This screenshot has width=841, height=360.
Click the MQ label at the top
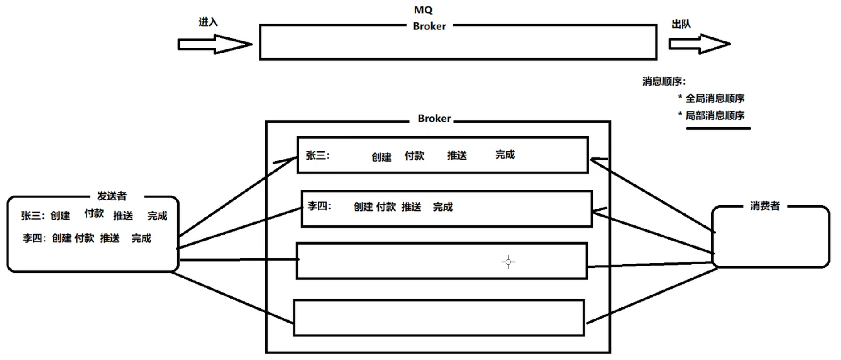[x=423, y=10]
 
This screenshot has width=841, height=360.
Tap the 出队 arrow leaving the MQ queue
[x=699, y=44]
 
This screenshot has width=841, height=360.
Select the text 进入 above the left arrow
[x=208, y=22]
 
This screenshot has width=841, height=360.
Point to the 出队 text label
[x=681, y=24]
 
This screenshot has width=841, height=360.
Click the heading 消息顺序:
[x=664, y=82]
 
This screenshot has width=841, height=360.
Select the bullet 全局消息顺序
[x=714, y=98]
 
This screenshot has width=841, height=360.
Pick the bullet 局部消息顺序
[x=714, y=116]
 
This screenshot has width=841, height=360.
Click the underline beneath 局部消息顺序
[x=718, y=129]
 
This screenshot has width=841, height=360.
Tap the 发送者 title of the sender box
[x=112, y=196]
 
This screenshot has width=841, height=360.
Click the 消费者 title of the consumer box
[x=765, y=206]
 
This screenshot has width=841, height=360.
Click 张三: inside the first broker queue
[x=318, y=155]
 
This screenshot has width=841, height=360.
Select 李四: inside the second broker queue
[x=319, y=206]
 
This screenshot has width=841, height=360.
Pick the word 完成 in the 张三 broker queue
[x=505, y=155]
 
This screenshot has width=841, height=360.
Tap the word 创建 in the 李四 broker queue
[x=363, y=207]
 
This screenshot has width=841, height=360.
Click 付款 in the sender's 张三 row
[x=94, y=213]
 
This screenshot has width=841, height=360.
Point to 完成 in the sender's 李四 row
[x=141, y=238]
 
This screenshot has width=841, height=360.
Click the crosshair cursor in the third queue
[x=508, y=262]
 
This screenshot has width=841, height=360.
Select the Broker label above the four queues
[x=434, y=119]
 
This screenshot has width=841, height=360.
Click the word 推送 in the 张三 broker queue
[x=457, y=155]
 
